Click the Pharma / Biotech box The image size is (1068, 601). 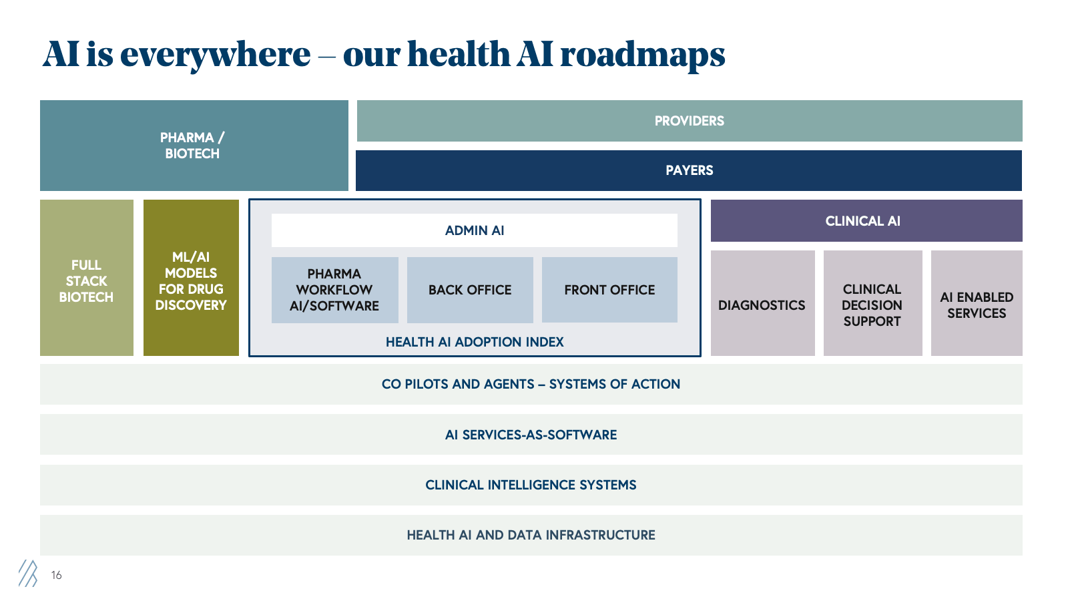point(194,146)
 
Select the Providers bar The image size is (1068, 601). point(689,121)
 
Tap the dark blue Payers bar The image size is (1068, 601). point(689,170)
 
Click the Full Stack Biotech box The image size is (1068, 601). point(87,280)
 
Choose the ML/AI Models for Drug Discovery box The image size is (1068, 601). point(191,280)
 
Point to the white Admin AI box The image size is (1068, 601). point(474,230)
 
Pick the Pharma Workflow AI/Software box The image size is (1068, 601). point(334,290)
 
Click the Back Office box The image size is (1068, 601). point(470,290)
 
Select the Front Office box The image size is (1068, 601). point(609,290)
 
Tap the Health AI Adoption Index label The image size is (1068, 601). point(475,342)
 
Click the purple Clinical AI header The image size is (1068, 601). point(866,221)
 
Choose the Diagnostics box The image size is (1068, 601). point(762,305)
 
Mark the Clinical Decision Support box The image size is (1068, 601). point(872,305)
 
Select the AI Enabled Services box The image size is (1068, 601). point(977,305)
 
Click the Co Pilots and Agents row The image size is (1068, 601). point(531,384)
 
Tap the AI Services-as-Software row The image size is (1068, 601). point(531,435)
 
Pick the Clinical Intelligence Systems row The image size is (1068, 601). point(531,485)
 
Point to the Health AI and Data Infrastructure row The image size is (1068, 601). point(531,535)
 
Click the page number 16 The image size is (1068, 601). point(56,575)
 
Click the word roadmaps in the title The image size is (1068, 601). point(642,55)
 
